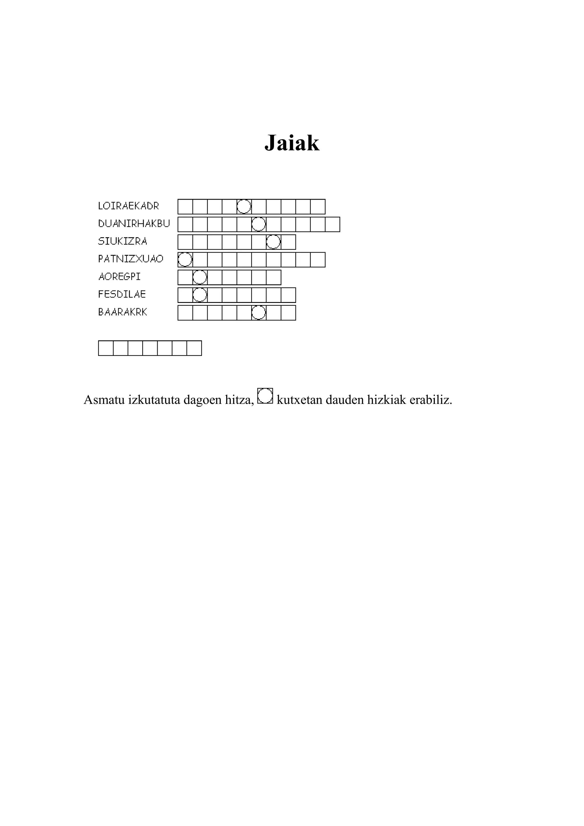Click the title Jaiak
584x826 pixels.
(x=292, y=143)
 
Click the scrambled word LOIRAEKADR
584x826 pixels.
(x=128, y=206)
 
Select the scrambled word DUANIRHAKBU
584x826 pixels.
(x=134, y=224)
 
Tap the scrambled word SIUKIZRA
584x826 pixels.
(x=123, y=241)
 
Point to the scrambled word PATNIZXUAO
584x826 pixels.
(x=131, y=259)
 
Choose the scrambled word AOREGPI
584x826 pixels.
(x=119, y=277)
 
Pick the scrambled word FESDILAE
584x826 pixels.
(x=122, y=294)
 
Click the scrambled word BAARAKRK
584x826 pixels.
(x=123, y=312)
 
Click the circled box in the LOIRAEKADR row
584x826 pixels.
(x=244, y=206)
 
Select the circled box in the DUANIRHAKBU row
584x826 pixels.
(x=259, y=224)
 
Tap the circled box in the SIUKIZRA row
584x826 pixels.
(x=273, y=242)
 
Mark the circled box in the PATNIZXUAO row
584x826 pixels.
(x=185, y=259)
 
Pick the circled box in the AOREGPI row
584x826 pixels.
(x=200, y=277)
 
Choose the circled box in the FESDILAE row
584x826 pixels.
(x=200, y=295)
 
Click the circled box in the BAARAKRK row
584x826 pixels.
(x=259, y=313)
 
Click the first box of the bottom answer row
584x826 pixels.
(x=106, y=348)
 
